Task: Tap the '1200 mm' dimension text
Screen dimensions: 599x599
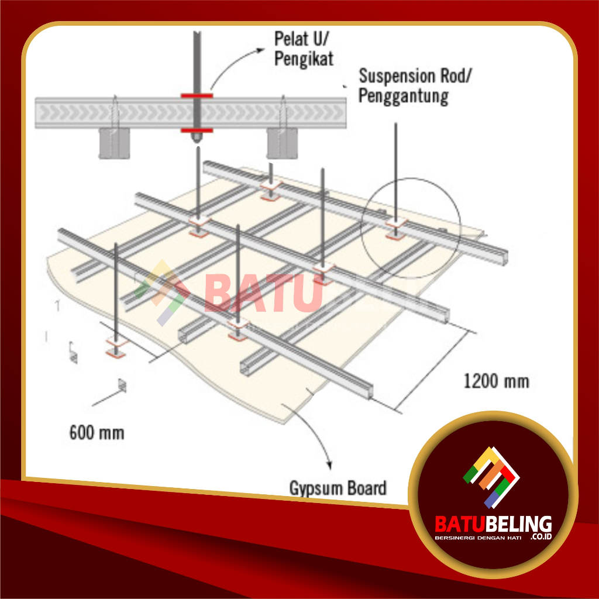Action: [x=496, y=381]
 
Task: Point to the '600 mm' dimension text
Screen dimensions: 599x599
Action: [x=97, y=433]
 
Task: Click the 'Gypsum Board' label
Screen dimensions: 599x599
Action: [x=338, y=487]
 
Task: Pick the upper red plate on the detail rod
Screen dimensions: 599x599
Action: [x=197, y=95]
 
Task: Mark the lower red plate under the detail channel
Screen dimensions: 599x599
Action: [x=197, y=130]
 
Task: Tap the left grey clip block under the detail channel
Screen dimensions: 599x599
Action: [x=113, y=143]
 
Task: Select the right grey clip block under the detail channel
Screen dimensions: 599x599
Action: [x=280, y=143]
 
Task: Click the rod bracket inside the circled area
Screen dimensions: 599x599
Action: [x=397, y=228]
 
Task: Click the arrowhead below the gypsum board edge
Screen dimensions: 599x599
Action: [x=331, y=466]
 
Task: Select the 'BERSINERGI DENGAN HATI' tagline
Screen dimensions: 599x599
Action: [x=477, y=537]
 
